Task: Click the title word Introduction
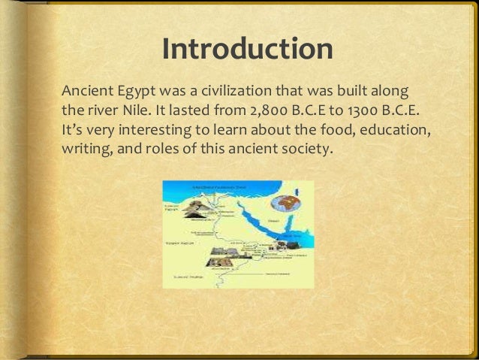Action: (x=247, y=49)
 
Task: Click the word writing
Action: (x=83, y=147)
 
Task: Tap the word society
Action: (x=303, y=147)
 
